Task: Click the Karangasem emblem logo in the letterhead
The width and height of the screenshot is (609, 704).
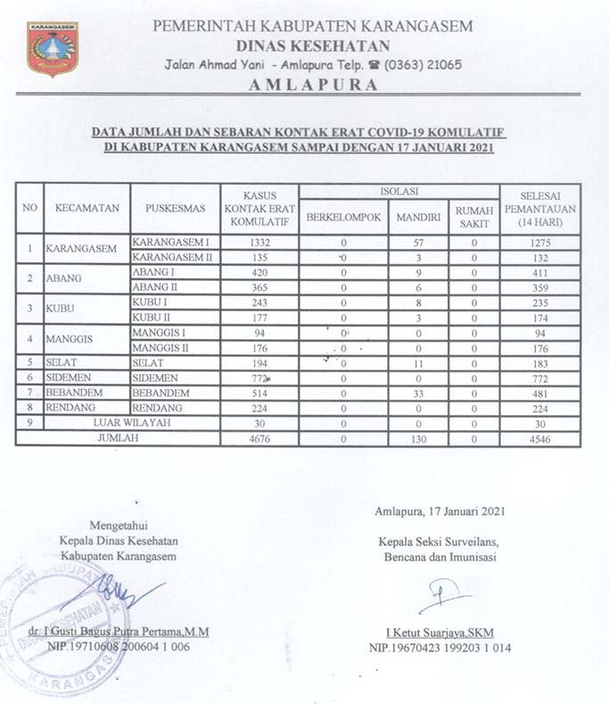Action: [53, 48]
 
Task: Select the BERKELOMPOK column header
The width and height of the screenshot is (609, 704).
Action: [343, 216]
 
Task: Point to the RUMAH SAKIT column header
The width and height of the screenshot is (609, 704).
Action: [473, 216]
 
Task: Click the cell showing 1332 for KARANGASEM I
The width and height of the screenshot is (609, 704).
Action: [259, 242]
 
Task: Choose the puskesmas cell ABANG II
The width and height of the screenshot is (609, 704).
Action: [157, 287]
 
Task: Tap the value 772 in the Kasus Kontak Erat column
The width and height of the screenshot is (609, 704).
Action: [259, 378]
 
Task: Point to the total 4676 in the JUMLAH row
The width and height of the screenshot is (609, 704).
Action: [259, 438]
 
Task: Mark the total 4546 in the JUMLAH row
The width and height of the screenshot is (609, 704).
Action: [540, 438]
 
